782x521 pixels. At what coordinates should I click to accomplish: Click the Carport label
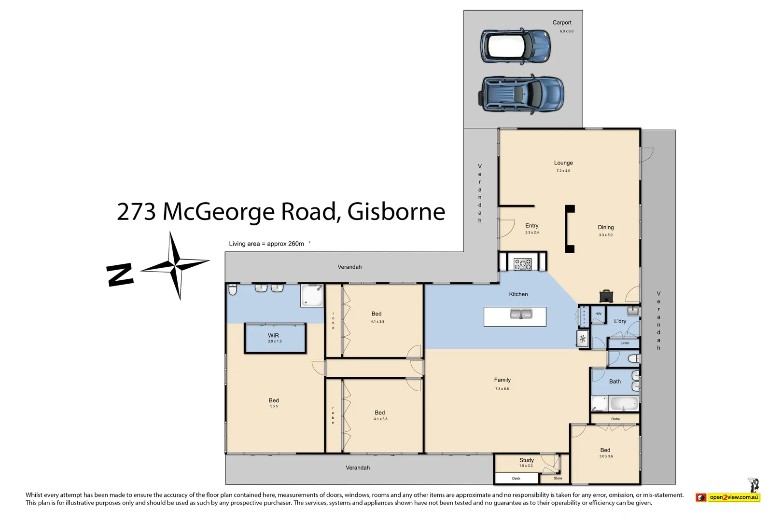561,23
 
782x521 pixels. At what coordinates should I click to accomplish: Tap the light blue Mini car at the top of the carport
515,46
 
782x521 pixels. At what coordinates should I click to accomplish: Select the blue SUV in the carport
522,94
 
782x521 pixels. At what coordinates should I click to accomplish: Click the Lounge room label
563,163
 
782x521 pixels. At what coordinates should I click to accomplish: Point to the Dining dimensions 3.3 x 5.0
605,235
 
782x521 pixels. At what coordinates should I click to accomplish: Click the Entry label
531,226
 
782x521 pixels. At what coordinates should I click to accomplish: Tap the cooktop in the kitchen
522,264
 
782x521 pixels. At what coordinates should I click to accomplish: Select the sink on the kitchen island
521,315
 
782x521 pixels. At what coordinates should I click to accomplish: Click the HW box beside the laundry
598,314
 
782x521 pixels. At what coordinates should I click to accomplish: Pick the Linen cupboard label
625,343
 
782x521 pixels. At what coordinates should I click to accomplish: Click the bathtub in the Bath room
624,403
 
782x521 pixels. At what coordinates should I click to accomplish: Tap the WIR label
273,335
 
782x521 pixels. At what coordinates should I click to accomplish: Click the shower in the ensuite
312,295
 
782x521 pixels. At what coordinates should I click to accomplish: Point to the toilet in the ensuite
233,290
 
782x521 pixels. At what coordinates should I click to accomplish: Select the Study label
526,460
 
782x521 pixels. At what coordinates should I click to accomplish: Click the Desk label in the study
516,479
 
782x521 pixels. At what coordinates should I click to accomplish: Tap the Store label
558,478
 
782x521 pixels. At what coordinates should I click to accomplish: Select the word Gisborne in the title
396,212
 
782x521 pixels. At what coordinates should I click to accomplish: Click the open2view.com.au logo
728,497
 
